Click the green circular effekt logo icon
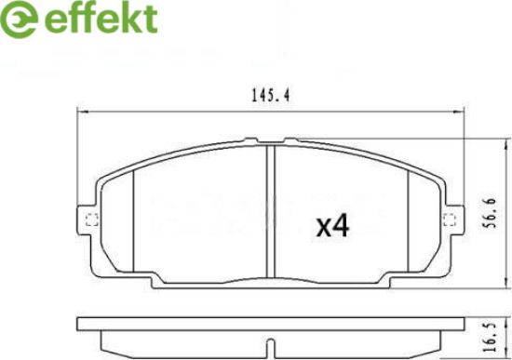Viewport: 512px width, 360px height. click(19, 20)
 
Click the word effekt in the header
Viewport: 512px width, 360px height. click(101, 18)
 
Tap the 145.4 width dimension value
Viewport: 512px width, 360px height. click(271, 96)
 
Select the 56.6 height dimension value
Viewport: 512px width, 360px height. click(491, 213)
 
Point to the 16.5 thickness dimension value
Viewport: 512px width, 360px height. click(491, 337)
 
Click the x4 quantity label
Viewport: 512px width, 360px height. click(332, 226)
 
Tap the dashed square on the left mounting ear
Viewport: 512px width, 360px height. click(92, 220)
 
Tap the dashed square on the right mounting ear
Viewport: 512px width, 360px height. click(450, 220)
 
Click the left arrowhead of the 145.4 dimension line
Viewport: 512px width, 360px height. click(84, 113)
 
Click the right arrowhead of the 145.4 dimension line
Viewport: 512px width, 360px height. click(459, 113)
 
